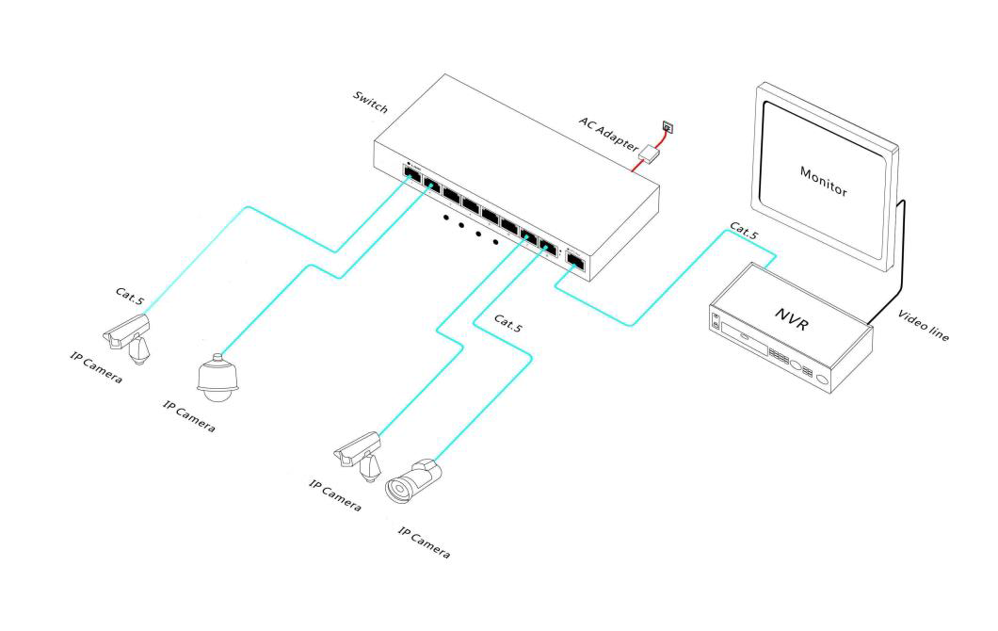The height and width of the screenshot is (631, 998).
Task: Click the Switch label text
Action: tap(370, 102)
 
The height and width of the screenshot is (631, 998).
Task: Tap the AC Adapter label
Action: tap(608, 135)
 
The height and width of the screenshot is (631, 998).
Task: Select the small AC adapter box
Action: tap(650, 154)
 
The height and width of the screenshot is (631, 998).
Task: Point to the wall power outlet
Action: tap(667, 127)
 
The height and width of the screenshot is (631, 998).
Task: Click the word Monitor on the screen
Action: tap(824, 182)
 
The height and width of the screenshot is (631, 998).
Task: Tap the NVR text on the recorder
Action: tap(793, 319)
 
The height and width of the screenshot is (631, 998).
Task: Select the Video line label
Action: tap(924, 325)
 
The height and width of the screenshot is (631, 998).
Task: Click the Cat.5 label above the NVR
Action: tap(744, 231)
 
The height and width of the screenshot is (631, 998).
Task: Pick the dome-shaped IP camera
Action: tap(217, 379)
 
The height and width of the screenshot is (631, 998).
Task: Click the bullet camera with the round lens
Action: tap(412, 482)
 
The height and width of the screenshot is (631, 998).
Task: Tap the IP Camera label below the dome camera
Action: tap(189, 416)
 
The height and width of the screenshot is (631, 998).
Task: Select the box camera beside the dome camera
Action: tap(128, 337)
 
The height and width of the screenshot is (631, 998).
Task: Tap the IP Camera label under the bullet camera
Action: tap(424, 542)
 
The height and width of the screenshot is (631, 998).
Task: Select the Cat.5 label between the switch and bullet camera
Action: tap(507, 323)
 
